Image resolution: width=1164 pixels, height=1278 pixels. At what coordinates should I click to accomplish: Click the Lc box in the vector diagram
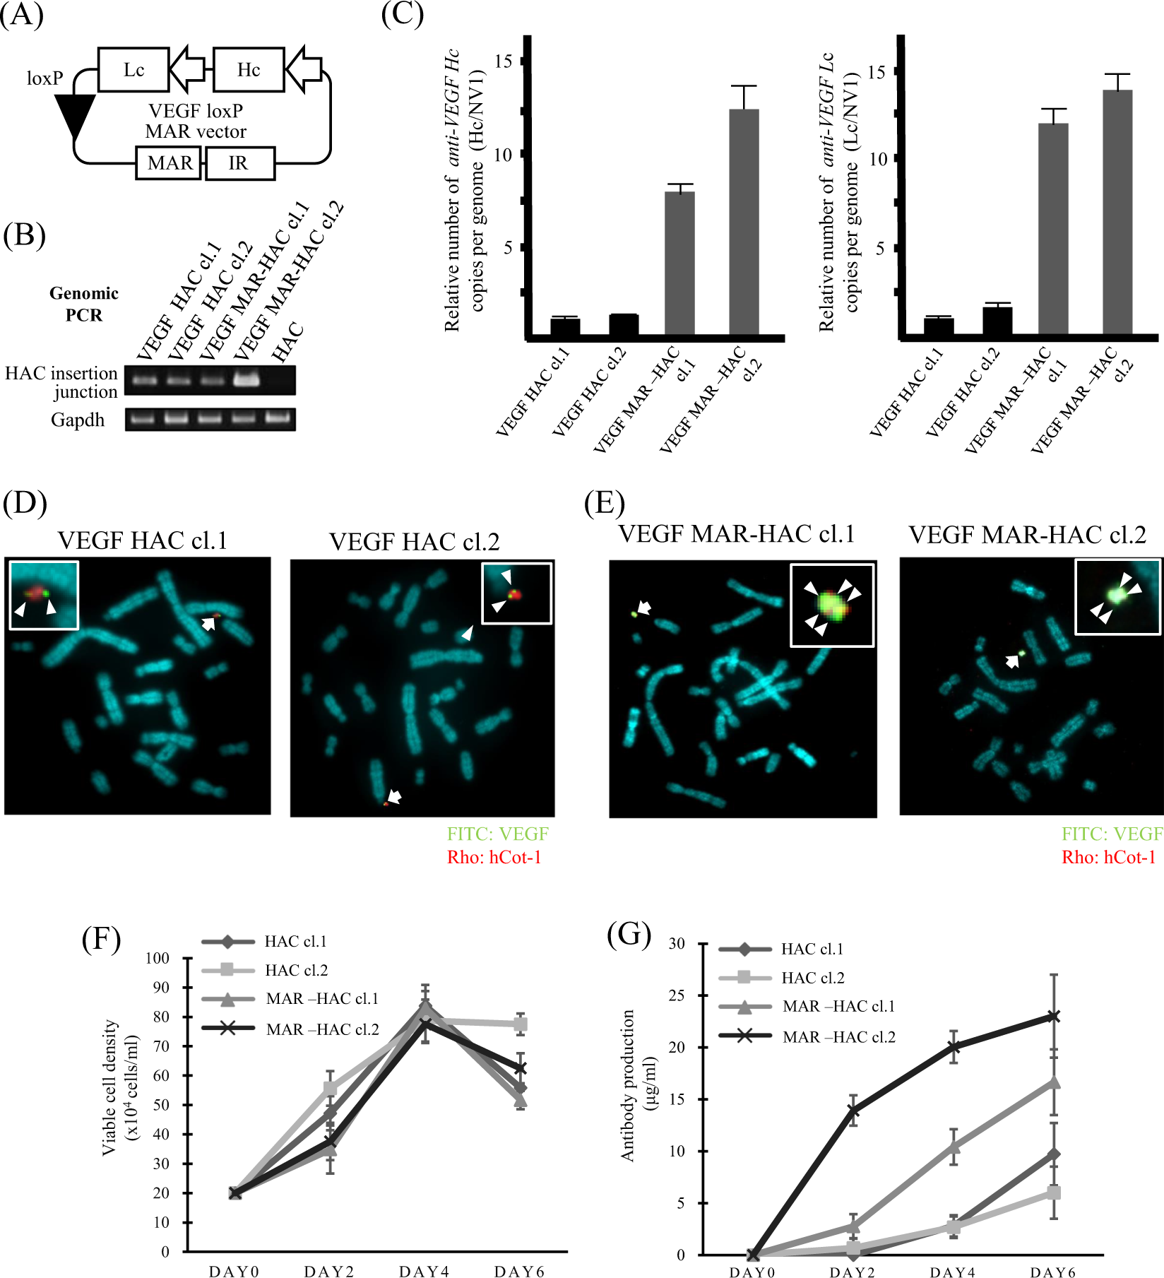click(x=133, y=70)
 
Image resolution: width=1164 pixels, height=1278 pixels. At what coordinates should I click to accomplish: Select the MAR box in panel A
click(x=169, y=163)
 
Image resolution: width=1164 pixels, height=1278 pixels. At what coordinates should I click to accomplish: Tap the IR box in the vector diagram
click(x=239, y=163)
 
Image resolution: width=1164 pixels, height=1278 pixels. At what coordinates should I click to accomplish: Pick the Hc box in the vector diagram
click(x=249, y=70)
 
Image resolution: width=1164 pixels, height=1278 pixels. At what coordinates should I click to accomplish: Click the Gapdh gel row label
click(x=78, y=420)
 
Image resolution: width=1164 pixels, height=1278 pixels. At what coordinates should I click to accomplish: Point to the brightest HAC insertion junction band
click(x=246, y=380)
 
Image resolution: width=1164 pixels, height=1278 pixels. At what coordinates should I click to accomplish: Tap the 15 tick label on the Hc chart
click(x=503, y=61)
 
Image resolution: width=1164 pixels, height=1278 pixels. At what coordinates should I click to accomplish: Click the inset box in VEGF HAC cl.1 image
click(x=44, y=595)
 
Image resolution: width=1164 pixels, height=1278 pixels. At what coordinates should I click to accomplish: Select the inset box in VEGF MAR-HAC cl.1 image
click(x=832, y=605)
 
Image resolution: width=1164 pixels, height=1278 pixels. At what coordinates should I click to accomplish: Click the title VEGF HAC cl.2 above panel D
click(x=415, y=542)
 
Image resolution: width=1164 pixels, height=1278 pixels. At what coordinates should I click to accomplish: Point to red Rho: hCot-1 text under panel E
click(x=1108, y=857)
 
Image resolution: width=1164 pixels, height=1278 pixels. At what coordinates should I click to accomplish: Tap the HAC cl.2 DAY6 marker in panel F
click(x=520, y=1024)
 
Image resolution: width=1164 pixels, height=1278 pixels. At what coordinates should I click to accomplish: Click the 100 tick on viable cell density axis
click(x=158, y=958)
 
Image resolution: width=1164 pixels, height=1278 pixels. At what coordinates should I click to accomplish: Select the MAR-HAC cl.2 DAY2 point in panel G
click(x=853, y=1110)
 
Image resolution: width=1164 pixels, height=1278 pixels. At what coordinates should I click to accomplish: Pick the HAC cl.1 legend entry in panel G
click(x=812, y=949)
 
